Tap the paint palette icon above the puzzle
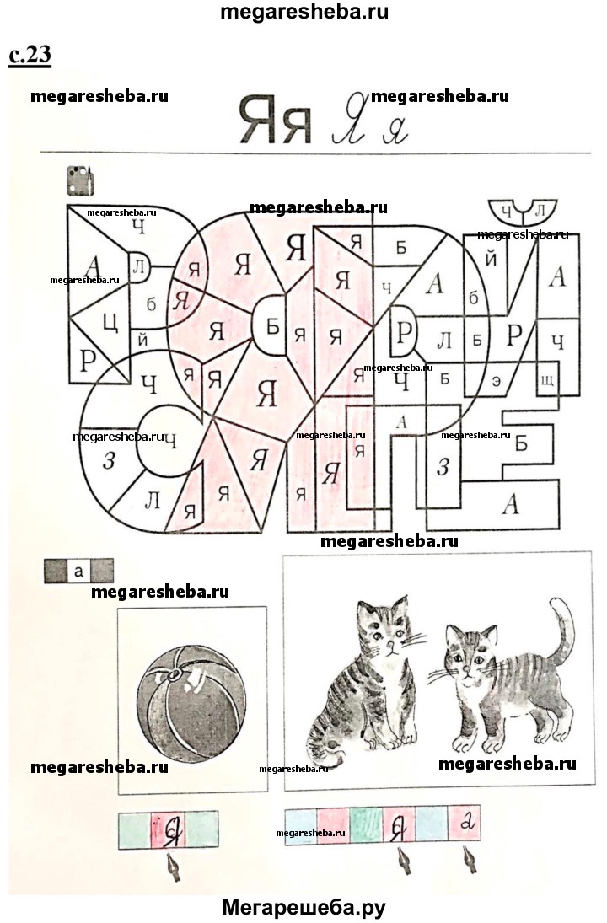(80, 180)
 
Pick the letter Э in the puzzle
(497, 381)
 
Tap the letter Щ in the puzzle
(546, 380)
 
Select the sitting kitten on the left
(362, 680)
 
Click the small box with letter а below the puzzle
(79, 571)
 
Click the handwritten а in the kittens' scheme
(468, 822)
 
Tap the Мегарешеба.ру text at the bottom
(303, 907)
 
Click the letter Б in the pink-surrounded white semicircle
(272, 326)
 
